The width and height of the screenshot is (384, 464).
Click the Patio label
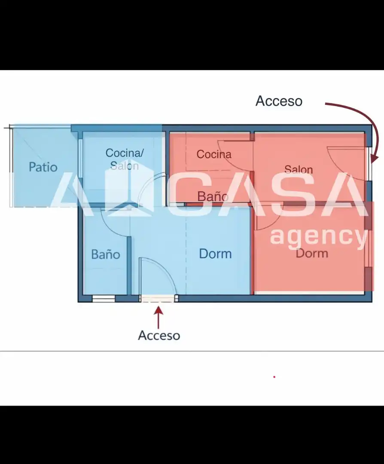[x=43, y=167]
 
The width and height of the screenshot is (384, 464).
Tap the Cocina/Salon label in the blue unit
[x=125, y=159]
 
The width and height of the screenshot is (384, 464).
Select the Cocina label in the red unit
[x=214, y=154]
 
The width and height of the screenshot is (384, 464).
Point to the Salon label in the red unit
[x=299, y=169]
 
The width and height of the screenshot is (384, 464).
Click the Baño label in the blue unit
[x=106, y=254]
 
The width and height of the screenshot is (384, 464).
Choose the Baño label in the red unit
[x=213, y=196]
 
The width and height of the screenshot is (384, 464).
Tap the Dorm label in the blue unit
[x=215, y=253]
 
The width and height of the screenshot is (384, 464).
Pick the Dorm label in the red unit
[x=312, y=253]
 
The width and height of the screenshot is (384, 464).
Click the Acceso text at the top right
[x=279, y=101]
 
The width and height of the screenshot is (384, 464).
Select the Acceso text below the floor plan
[x=159, y=335]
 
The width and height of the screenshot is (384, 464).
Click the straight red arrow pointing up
[x=159, y=317]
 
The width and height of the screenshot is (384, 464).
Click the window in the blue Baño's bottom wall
[x=104, y=298]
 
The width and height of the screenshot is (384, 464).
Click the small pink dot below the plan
[x=274, y=377]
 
